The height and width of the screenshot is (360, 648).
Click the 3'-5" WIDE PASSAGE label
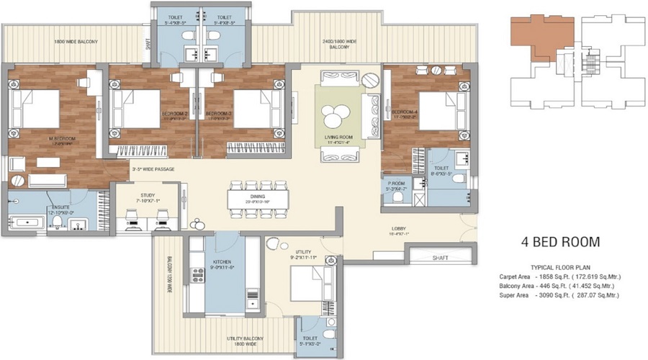(x=153, y=169)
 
